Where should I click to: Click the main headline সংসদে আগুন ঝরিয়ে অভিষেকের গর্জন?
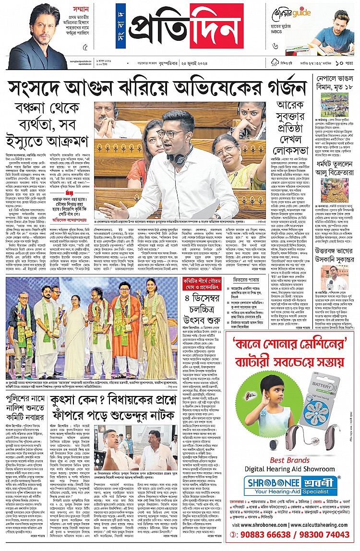coord(156,88)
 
